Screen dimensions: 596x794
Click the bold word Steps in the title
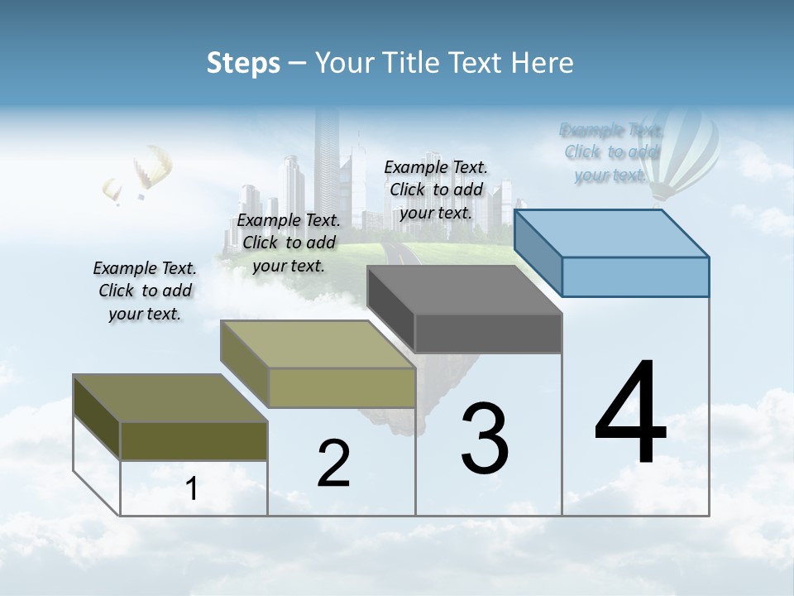pos(243,63)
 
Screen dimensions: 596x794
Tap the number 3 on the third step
pos(485,439)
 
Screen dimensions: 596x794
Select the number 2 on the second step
pos(334,464)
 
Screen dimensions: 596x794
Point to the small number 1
pos(192,489)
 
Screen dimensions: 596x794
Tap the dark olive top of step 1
pos(170,398)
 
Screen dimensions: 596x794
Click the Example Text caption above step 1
pos(145,291)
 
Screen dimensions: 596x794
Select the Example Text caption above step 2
pos(289,243)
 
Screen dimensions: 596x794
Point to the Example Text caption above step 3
pos(436,190)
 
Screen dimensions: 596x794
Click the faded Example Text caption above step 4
pos(611,152)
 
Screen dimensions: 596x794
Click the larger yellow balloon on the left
pos(153,168)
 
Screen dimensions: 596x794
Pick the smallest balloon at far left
pos(112,190)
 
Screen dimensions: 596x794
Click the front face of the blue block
pos(635,276)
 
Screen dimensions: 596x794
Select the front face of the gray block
pos(488,333)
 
